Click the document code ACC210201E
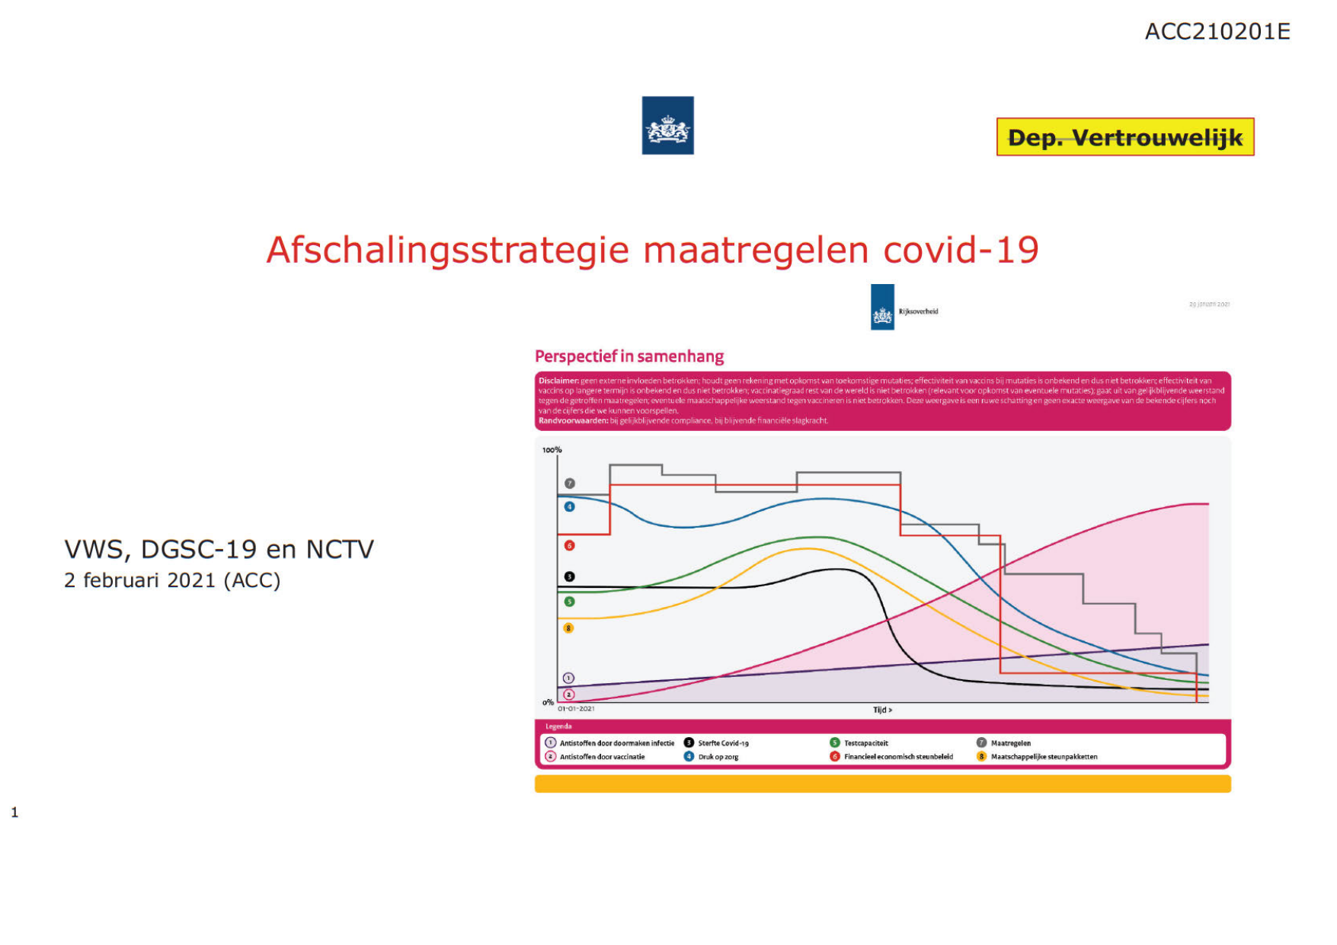click(1217, 32)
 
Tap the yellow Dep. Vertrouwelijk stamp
click(1124, 137)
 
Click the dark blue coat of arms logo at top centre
click(667, 126)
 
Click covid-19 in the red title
click(961, 251)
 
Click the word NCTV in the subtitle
click(340, 550)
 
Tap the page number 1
click(14, 813)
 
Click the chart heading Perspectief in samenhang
click(629, 356)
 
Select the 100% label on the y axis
click(552, 450)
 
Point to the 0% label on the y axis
click(548, 702)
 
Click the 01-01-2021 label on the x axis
click(576, 709)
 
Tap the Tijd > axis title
click(882, 710)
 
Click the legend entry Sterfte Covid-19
click(722, 743)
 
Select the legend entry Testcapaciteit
click(865, 743)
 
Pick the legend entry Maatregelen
click(1010, 743)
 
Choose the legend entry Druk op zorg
click(718, 757)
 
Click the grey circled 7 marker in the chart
click(569, 484)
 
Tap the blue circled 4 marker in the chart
click(569, 507)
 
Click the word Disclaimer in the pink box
click(558, 381)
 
